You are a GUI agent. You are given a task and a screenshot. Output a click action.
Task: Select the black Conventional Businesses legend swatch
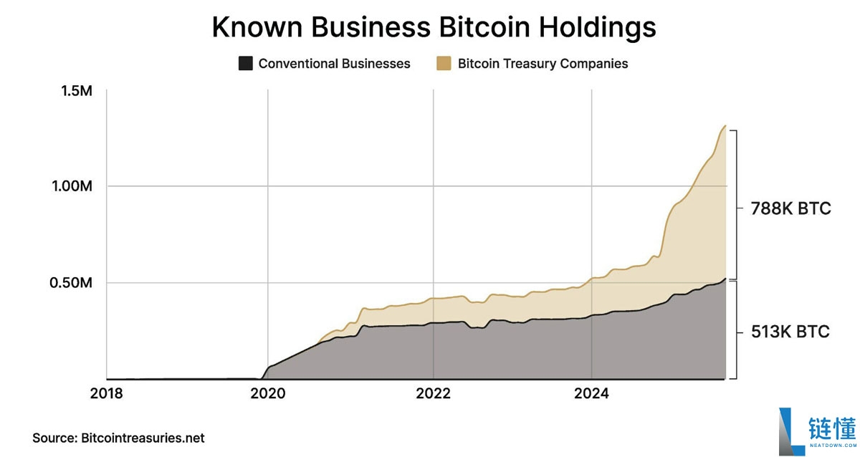pos(246,64)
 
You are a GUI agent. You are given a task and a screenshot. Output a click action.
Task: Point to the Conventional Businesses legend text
pos(334,64)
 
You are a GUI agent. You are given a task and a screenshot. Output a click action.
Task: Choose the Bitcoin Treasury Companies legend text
pos(543,64)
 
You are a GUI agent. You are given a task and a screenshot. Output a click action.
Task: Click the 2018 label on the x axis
pos(107,394)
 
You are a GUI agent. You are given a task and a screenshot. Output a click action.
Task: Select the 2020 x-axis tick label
pos(267,394)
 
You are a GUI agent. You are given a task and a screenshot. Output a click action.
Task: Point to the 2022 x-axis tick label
pos(433,394)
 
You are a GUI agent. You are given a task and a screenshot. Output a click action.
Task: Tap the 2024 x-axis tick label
pos(591,394)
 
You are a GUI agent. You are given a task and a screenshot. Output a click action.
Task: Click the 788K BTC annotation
pos(790,209)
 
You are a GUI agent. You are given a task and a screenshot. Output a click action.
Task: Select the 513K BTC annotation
pos(790,332)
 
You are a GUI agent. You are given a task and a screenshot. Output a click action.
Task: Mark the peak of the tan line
pos(725,126)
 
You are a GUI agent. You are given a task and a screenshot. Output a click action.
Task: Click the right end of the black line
pos(725,279)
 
